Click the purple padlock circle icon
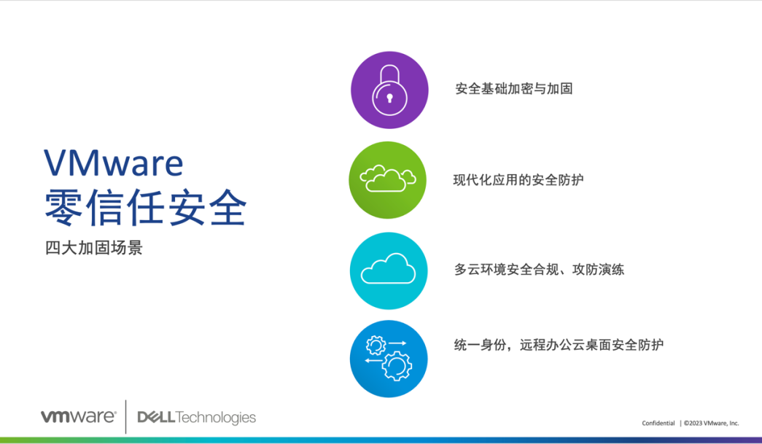pyautogui.click(x=389, y=90)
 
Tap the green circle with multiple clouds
pyautogui.click(x=388, y=180)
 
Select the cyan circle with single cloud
pyautogui.click(x=389, y=270)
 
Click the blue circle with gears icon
pyautogui.click(x=389, y=359)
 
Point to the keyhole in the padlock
pyautogui.click(x=389, y=98)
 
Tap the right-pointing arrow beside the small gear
pyautogui.click(x=397, y=343)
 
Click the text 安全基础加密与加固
pyautogui.click(x=513, y=89)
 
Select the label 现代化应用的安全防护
pyautogui.click(x=518, y=180)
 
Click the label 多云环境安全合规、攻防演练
pyautogui.click(x=539, y=270)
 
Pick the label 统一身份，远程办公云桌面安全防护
pyautogui.click(x=559, y=345)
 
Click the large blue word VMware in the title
pyautogui.click(x=114, y=163)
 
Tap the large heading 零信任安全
pyautogui.click(x=146, y=208)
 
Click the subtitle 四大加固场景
pyautogui.click(x=94, y=248)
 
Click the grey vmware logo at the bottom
pyautogui.click(x=78, y=417)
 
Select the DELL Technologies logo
pyautogui.click(x=196, y=418)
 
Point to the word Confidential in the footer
pyautogui.click(x=658, y=423)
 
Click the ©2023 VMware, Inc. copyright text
pyautogui.click(x=711, y=423)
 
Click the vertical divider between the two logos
pyautogui.click(x=126, y=417)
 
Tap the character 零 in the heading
pyautogui.click(x=63, y=208)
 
